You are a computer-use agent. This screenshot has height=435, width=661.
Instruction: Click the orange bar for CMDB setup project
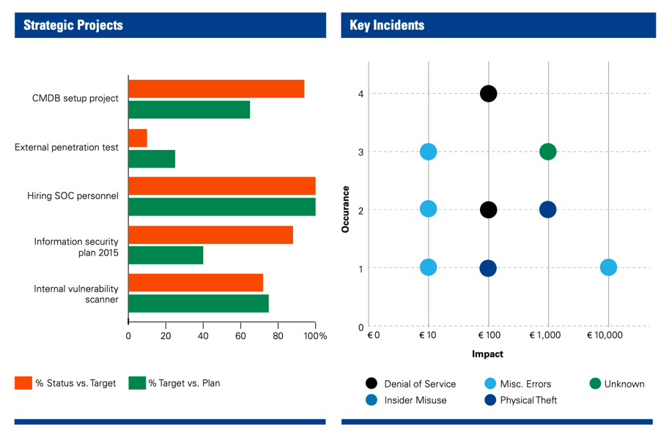pyautogui.click(x=216, y=89)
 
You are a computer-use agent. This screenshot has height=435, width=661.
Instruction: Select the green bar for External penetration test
pyautogui.click(x=152, y=158)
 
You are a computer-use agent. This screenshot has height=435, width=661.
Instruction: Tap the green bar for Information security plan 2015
pyautogui.click(x=166, y=255)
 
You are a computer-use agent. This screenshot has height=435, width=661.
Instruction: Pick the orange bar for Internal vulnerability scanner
pyautogui.click(x=196, y=283)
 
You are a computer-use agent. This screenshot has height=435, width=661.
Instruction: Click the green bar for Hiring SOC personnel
pyautogui.click(x=222, y=207)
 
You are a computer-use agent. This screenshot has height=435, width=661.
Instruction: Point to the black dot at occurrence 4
pyautogui.click(x=488, y=93)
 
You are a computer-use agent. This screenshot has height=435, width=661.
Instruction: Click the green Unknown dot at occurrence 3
pyautogui.click(x=547, y=152)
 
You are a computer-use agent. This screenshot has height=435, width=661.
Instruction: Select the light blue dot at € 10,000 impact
pyautogui.click(x=608, y=267)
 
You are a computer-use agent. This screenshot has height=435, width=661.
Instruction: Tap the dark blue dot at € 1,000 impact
pyautogui.click(x=547, y=209)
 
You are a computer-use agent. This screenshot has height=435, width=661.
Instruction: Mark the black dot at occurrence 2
pyautogui.click(x=488, y=209)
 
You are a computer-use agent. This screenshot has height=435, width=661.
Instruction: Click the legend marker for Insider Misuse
pyautogui.click(x=372, y=400)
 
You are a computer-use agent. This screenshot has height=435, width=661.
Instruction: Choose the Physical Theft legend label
pyautogui.click(x=528, y=400)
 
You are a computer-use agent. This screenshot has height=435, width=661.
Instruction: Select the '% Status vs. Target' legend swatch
pyautogui.click(x=23, y=383)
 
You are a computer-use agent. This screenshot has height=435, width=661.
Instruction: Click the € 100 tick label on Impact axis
pyautogui.click(x=488, y=335)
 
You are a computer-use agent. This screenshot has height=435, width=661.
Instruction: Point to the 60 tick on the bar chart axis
pyautogui.click(x=240, y=336)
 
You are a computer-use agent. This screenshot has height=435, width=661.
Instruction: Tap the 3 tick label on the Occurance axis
pyautogui.click(x=361, y=152)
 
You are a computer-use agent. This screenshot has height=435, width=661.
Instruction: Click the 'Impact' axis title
pyautogui.click(x=487, y=354)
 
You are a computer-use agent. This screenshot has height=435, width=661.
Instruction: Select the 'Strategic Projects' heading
pyautogui.click(x=73, y=25)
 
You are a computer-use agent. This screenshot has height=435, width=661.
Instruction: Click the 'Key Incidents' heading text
pyautogui.click(x=387, y=25)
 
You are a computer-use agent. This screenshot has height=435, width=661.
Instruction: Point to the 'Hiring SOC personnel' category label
pyautogui.click(x=73, y=196)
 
